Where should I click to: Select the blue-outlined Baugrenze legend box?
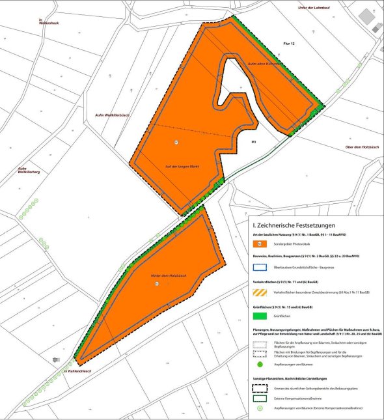260,266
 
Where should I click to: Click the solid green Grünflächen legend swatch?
260,317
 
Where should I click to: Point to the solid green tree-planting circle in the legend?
259,365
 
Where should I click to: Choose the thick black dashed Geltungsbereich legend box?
260,388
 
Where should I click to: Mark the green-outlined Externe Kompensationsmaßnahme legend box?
260,398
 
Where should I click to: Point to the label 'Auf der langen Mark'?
180,167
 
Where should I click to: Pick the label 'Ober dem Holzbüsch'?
361,128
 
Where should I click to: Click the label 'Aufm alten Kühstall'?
264,64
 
